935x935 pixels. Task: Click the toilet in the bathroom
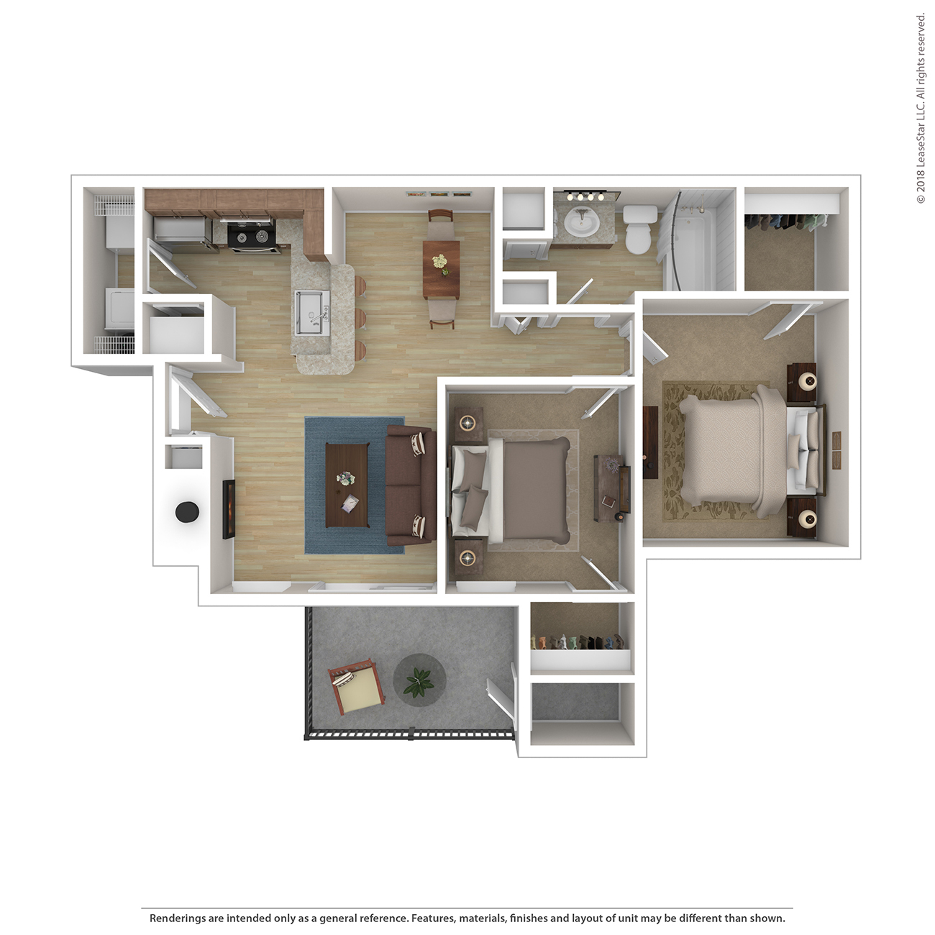639,229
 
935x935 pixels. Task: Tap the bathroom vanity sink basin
582,224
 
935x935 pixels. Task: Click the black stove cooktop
251,237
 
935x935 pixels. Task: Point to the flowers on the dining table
441,264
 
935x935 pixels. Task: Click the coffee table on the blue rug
347,485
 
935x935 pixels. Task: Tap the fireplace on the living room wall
229,509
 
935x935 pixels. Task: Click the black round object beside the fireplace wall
187,511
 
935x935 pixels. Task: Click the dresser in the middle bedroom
612,487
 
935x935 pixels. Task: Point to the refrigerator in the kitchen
181,229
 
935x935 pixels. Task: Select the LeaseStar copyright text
920,109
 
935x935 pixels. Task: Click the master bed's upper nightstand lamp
808,382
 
